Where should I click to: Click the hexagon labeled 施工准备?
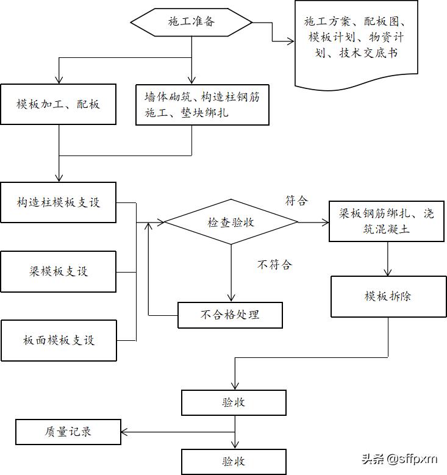pos(191,23)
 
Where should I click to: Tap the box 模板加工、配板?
pos(59,104)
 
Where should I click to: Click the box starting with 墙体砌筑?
pos(202,105)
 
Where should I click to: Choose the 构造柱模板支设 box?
pos(59,202)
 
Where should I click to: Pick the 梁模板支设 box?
pos(59,271)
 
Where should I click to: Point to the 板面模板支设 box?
pos(59,340)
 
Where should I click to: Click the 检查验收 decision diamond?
pos(232,223)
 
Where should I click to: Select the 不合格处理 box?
pos(230,315)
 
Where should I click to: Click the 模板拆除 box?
pos(388,296)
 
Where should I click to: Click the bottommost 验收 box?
pos(234,461)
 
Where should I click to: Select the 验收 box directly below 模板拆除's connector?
pos(234,402)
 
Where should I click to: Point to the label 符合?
pos(296,201)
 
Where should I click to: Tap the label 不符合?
pos(274,265)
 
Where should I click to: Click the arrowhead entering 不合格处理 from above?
pos(232,298)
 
